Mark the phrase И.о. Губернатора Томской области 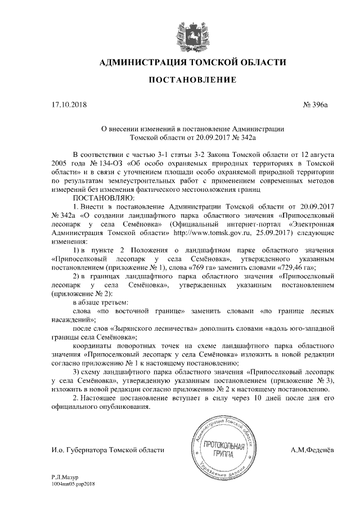click(x=107, y=450)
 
